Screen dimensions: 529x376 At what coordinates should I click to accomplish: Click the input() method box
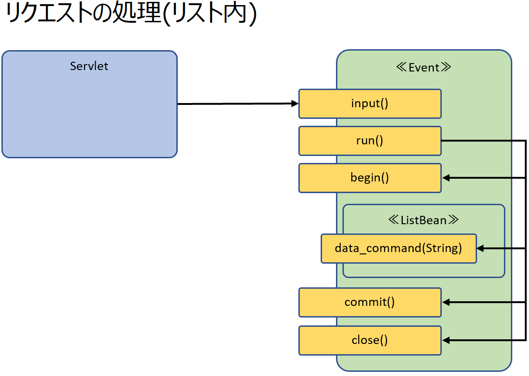click(x=370, y=104)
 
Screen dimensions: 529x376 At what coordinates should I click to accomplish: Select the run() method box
click(x=370, y=141)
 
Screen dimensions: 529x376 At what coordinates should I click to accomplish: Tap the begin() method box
click(x=370, y=178)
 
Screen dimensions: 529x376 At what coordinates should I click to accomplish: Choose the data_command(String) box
click(x=399, y=248)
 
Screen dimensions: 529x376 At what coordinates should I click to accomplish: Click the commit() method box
click(x=370, y=302)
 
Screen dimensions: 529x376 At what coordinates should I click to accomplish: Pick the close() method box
click(x=370, y=340)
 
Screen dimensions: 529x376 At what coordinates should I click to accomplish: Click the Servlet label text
click(x=89, y=66)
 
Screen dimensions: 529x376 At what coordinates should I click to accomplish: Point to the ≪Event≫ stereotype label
click(x=424, y=67)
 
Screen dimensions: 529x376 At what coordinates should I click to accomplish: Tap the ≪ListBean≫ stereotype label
click(x=424, y=220)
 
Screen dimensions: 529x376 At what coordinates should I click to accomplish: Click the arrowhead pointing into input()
click(x=295, y=104)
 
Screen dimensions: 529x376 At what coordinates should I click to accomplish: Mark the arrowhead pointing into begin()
click(x=445, y=178)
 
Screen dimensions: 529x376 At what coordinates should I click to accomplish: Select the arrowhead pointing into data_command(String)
click(x=481, y=248)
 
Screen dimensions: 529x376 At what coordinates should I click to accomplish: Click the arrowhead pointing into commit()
click(x=445, y=302)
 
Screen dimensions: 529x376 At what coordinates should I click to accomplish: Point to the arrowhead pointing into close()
click(x=445, y=340)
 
